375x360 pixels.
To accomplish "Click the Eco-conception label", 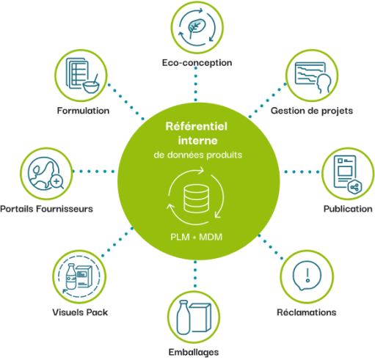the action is tap(197, 63).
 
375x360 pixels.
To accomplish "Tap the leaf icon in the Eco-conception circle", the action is tap(197, 27).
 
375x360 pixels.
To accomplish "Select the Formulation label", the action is tap(83, 111).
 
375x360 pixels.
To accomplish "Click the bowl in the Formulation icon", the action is tap(91, 87).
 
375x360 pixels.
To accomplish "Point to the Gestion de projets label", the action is tap(312, 111).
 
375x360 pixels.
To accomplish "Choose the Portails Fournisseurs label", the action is tap(46, 209).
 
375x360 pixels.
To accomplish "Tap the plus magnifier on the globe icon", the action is tap(57, 182).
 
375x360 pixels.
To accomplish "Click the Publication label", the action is tap(348, 209).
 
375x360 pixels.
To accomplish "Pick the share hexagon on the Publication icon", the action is tap(354, 188).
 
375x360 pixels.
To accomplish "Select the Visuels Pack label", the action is tap(80, 312).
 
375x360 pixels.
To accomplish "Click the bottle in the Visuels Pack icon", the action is tap(71, 276).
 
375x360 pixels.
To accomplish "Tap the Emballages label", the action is tap(194, 352).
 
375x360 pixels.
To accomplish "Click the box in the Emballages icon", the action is tap(200, 317).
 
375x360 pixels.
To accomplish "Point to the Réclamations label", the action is tap(307, 312).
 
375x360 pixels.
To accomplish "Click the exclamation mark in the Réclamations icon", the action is tap(307, 275).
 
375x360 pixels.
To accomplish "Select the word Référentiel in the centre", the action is tap(197, 126).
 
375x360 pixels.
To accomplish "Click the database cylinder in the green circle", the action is tap(196, 199).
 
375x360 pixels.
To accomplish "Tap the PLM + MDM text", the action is tap(197, 237).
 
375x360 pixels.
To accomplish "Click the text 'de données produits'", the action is tap(198, 155).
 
